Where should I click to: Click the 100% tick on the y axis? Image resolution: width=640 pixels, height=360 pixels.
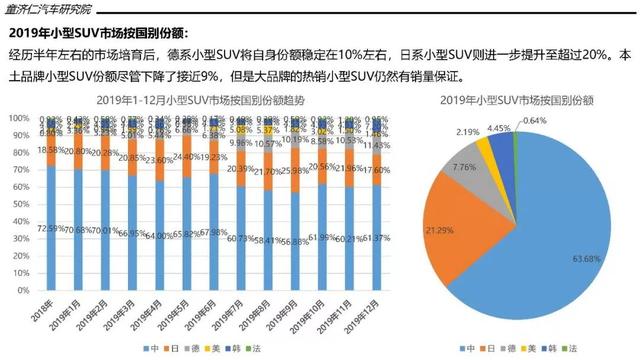pyautogui.click(x=20, y=118)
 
